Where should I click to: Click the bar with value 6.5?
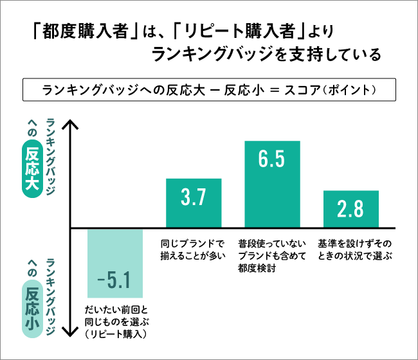click(272, 184)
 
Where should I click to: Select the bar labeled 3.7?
click(194, 203)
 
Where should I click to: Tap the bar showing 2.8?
click(350, 209)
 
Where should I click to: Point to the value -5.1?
click(114, 280)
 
